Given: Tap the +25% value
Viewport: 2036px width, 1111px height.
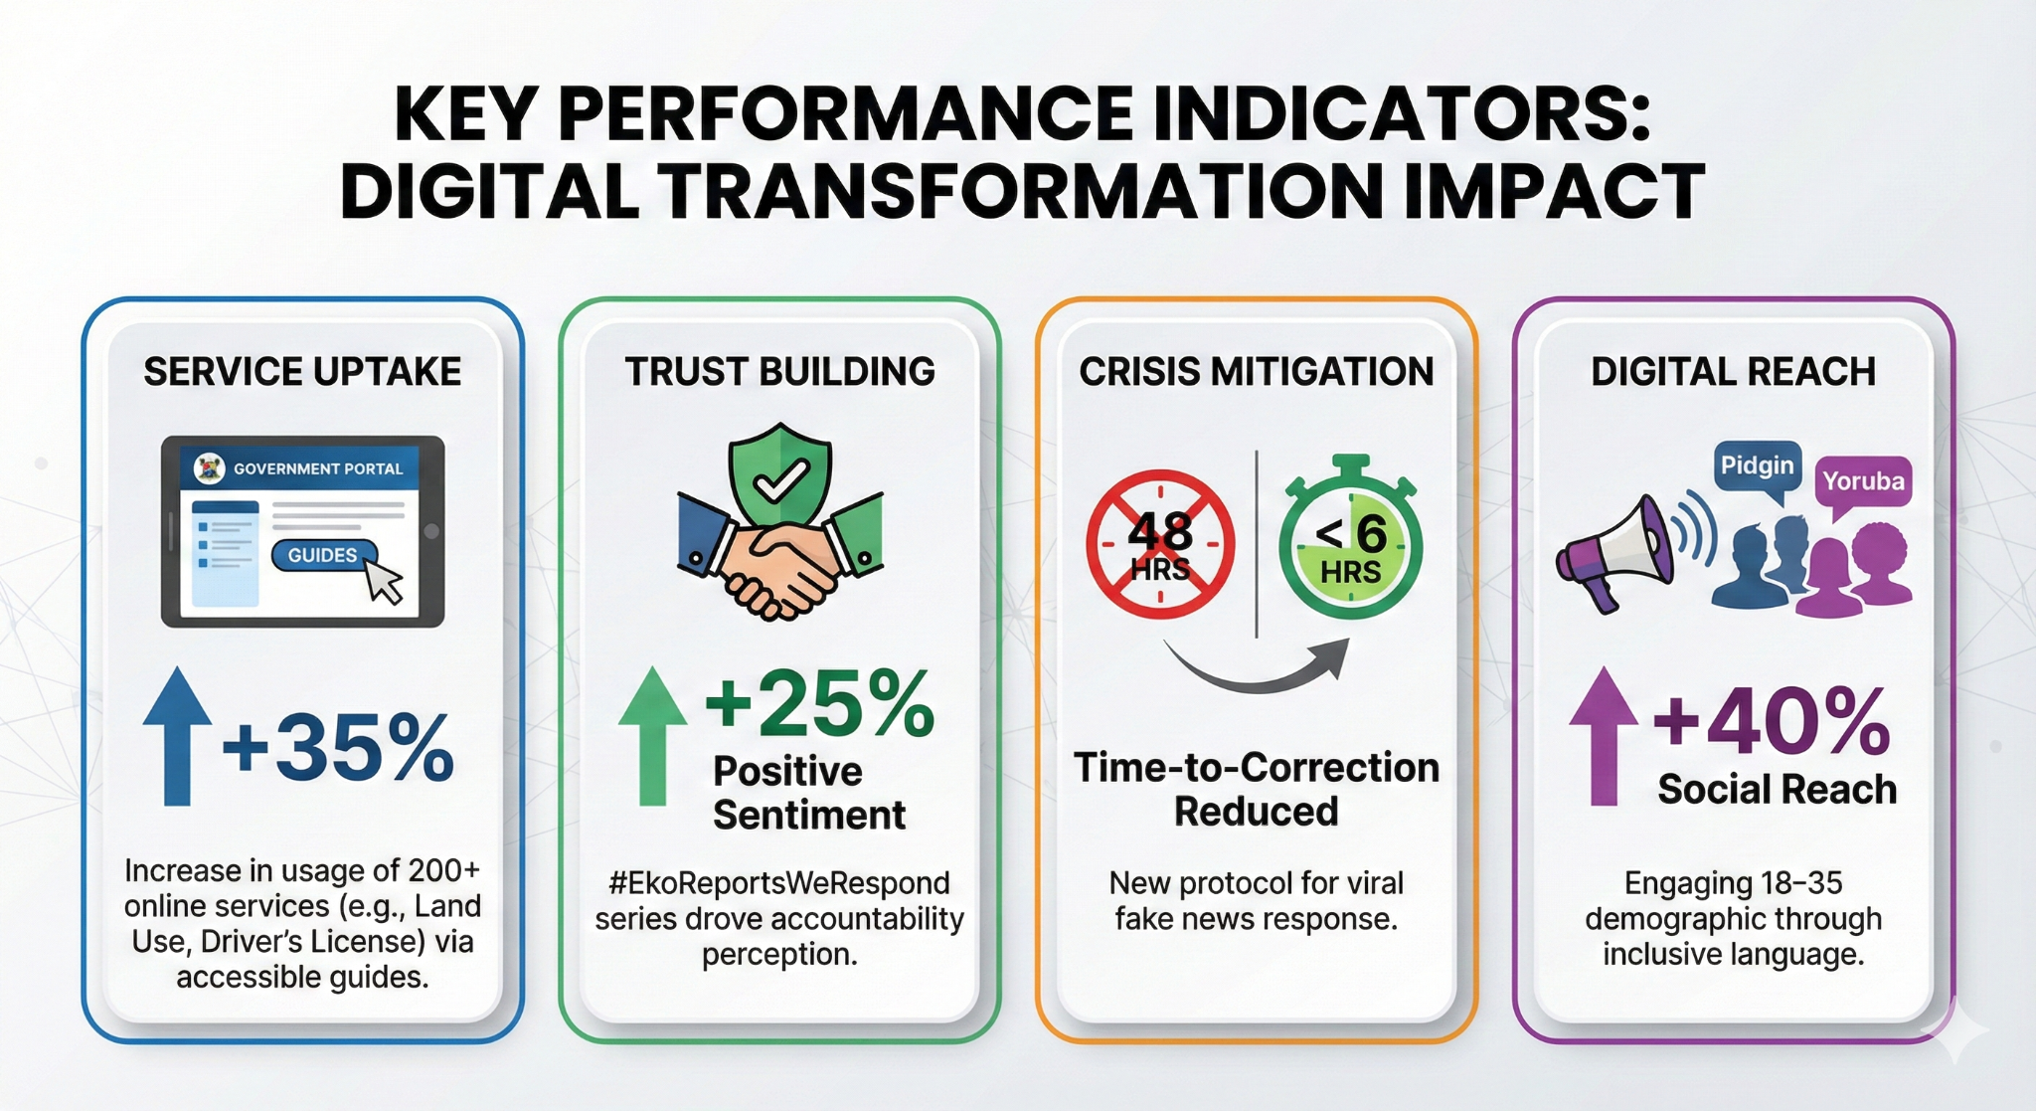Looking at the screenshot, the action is (820, 702).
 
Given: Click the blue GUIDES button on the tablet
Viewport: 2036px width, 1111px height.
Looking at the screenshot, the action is (323, 555).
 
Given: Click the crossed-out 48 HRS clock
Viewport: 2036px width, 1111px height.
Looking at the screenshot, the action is (1160, 544).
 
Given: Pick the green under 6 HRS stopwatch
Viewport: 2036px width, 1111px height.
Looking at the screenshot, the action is (1350, 540).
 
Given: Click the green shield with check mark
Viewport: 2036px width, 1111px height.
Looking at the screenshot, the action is (780, 473).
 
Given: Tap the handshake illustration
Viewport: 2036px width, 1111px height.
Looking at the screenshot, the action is (780, 557).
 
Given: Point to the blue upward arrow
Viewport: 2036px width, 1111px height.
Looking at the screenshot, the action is (177, 736).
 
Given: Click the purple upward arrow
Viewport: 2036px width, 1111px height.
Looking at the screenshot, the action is (1604, 736).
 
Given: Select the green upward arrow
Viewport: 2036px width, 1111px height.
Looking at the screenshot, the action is (652, 736).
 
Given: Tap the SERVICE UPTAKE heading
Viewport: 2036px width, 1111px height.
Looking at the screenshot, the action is (302, 372).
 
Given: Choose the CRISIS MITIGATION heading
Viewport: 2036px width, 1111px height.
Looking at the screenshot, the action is (1257, 372).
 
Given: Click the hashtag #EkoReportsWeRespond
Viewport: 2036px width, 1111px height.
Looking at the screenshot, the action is (779, 883).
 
